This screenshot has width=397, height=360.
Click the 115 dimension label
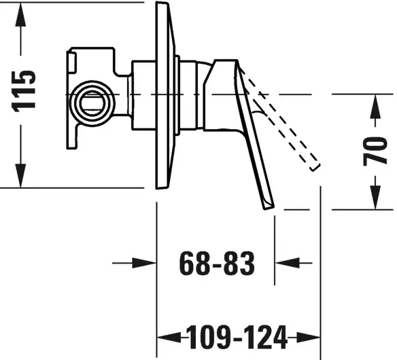click(23, 91)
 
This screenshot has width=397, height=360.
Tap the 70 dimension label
click(375, 151)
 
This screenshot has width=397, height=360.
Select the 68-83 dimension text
click(216, 263)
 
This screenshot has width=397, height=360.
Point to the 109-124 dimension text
click(237, 337)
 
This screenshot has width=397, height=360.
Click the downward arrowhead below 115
click(20, 175)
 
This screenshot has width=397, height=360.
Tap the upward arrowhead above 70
click(375, 106)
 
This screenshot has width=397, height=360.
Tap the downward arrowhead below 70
click(375, 198)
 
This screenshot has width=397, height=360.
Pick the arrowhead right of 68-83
click(287, 263)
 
